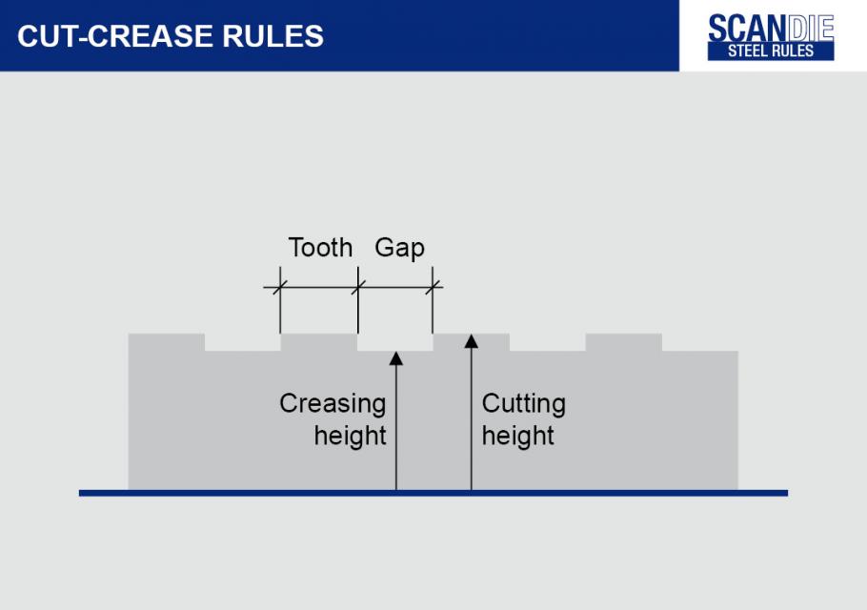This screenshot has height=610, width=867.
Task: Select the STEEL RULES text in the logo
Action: point(771,51)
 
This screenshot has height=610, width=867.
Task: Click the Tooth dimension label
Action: point(320,248)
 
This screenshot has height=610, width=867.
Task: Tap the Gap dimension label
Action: point(399,248)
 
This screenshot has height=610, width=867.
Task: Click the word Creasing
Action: point(333,404)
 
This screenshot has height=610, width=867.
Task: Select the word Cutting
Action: point(523,404)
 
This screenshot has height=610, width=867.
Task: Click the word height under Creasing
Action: point(351,437)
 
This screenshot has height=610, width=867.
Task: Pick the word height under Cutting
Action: point(517,437)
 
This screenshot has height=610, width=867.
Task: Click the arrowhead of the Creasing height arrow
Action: point(395,359)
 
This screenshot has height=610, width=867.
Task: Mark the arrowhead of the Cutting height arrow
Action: point(471,341)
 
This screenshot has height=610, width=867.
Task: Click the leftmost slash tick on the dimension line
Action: point(280,287)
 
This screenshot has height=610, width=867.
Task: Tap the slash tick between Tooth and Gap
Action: point(357,287)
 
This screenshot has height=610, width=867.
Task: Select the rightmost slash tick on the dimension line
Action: point(433,287)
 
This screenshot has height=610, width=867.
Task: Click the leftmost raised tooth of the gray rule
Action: point(167,342)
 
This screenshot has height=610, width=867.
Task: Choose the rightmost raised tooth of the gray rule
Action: point(624,342)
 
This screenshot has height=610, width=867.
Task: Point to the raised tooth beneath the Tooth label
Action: point(319,342)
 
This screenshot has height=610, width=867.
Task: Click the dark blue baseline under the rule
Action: point(433,493)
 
